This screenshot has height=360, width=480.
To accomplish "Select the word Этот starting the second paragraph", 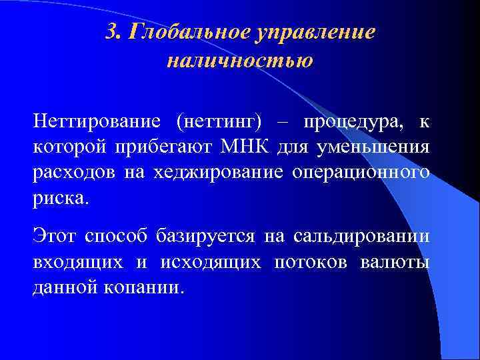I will click(x=57, y=235).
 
